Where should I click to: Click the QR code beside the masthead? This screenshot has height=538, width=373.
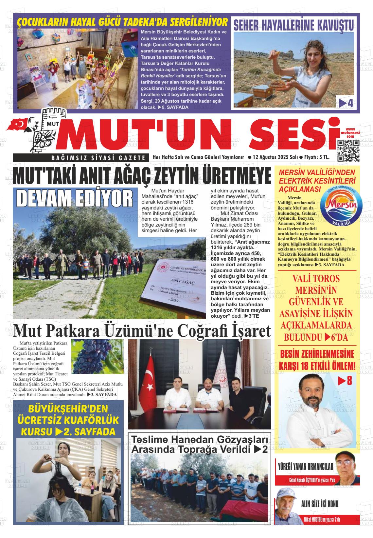click(x=348, y=150)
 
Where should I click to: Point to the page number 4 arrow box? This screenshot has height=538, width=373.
click(x=346, y=103)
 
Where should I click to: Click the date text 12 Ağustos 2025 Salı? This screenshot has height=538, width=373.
click(x=275, y=157)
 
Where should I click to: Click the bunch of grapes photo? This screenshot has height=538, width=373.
click(x=98, y=356)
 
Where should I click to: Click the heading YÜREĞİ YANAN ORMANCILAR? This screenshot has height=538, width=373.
click(x=305, y=467)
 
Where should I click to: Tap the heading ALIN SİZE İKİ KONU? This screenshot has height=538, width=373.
click(x=320, y=504)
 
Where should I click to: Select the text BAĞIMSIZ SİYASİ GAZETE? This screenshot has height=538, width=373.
click(x=98, y=158)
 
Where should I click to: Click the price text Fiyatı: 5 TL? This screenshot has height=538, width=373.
click(x=316, y=157)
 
